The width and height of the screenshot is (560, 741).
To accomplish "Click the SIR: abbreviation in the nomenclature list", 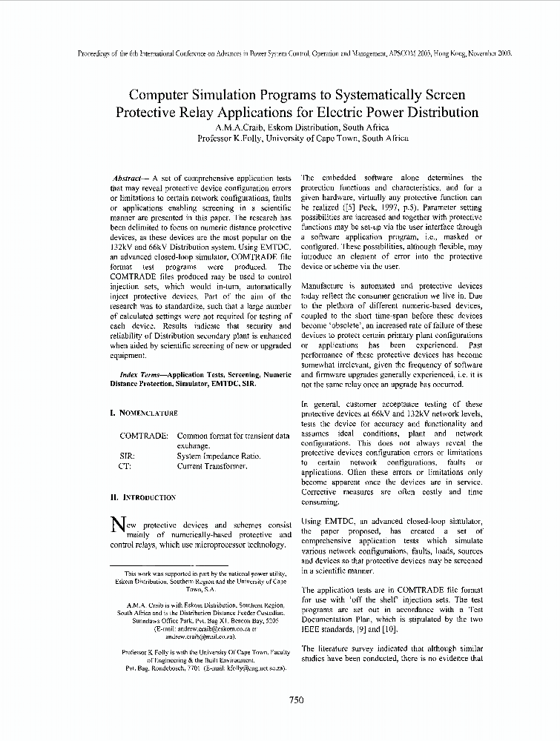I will point(127,456).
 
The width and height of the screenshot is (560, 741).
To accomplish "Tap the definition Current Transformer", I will point(211,467).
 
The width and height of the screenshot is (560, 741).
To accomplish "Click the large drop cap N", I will point(116,525).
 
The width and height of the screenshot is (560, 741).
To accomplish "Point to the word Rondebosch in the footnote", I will point(175,668).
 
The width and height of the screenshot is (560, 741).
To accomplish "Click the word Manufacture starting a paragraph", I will point(326,285).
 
